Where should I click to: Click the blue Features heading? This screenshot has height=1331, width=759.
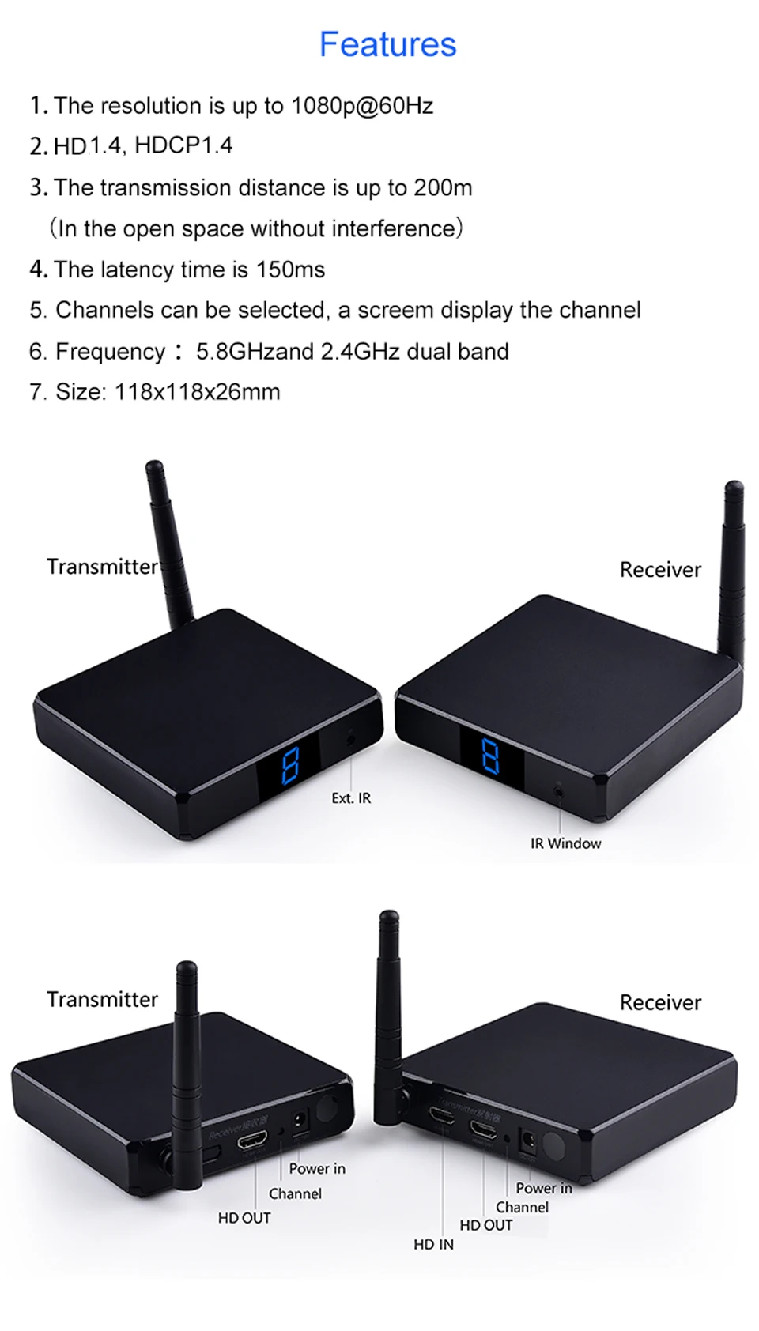387,44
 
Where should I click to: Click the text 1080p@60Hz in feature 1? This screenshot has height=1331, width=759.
362,106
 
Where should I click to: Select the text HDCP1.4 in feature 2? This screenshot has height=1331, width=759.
183,145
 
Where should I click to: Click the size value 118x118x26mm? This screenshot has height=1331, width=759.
198,392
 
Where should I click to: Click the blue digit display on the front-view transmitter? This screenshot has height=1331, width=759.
290,765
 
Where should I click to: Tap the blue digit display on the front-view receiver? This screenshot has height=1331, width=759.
490,756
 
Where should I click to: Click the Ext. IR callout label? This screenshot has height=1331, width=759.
351,798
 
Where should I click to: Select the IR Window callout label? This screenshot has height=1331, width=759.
565,843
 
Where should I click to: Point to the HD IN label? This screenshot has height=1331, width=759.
433,1244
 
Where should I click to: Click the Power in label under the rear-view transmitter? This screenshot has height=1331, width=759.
317,1168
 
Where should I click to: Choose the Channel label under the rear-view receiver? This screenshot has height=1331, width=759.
522,1207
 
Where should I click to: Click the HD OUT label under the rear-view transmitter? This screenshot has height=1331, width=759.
244,1218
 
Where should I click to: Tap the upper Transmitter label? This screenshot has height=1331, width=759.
102,567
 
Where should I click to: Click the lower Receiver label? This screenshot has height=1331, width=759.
660,1002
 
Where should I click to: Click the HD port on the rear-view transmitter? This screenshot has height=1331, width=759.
252,1141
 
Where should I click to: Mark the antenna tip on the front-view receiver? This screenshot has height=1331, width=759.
734,488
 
